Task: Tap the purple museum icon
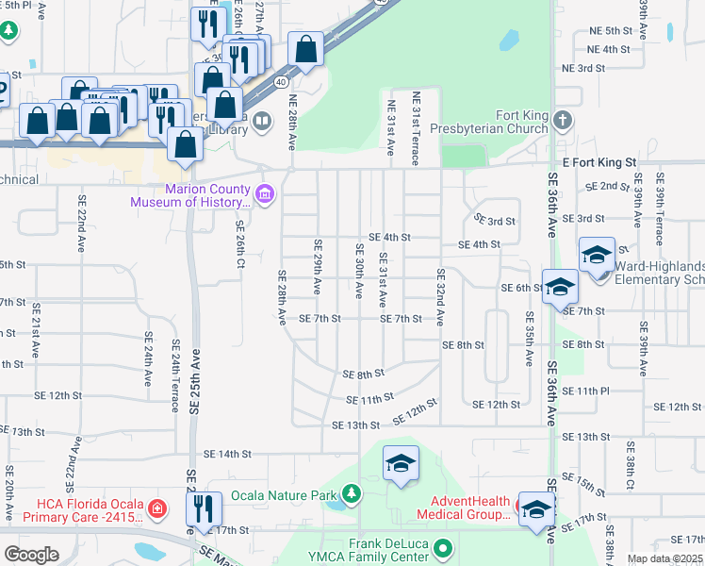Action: (x=266, y=194)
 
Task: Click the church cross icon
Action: (x=562, y=120)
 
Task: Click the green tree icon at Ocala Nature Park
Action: (x=351, y=493)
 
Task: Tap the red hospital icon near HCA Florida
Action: (x=159, y=509)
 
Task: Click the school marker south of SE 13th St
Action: (x=402, y=464)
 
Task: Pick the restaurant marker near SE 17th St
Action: (x=204, y=509)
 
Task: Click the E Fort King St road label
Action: (x=599, y=162)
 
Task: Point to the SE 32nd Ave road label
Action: (x=440, y=298)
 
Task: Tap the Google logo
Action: (x=31, y=554)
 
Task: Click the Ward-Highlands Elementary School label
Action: (x=660, y=273)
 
